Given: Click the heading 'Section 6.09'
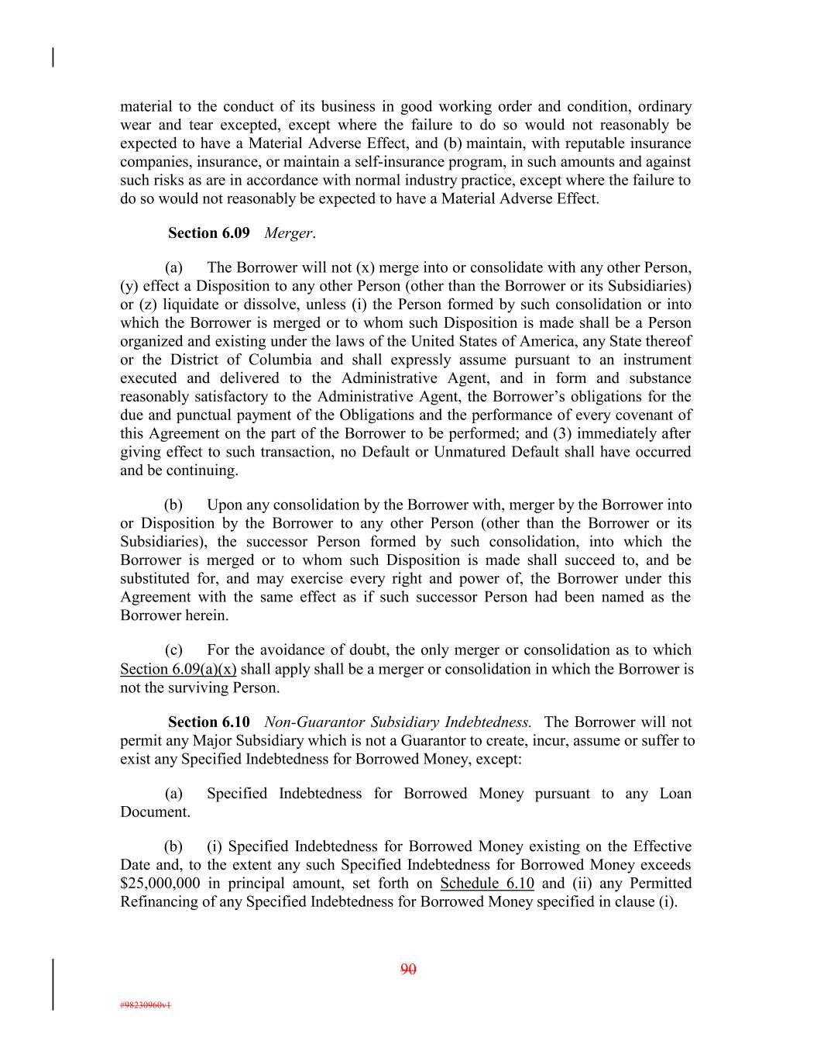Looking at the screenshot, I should point(208,233).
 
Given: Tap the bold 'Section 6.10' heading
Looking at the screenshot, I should point(208,722).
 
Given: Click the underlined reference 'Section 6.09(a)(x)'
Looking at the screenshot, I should point(178,669).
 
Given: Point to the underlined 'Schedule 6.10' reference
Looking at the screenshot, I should point(487,883).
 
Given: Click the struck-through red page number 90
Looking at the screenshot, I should point(408,969).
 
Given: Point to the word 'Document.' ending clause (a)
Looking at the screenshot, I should point(155,812).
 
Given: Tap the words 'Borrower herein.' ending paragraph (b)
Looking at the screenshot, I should point(174,615).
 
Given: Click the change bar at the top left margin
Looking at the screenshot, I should point(53,57).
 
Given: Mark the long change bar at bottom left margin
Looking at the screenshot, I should point(53,984).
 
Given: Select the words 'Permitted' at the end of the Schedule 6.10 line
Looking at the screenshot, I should point(661,883).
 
